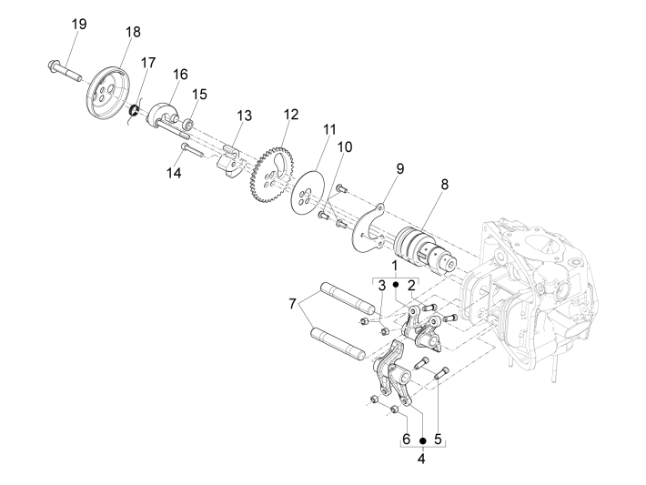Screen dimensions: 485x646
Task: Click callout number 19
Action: [x=79, y=24]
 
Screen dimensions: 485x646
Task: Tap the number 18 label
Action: [x=133, y=32]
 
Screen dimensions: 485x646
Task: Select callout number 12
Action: [x=290, y=115]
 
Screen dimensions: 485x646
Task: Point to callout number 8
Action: [x=444, y=184]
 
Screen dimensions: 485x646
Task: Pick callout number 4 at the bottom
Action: [x=422, y=458]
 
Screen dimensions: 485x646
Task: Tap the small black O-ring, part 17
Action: [x=135, y=111]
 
